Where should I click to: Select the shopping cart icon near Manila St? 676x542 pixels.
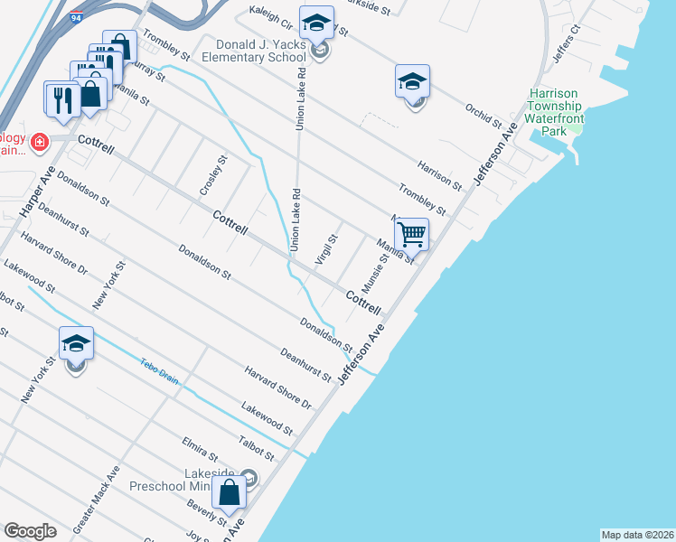click(x=411, y=235)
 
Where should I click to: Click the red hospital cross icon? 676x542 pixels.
click(x=39, y=142)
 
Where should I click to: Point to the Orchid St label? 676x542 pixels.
click(x=484, y=117)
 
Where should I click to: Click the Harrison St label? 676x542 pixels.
click(x=440, y=174)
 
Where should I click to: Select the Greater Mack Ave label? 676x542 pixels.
click(x=96, y=498)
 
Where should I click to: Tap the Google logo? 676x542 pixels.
click(x=30, y=531)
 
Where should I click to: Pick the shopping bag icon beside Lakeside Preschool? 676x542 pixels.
click(x=230, y=493)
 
